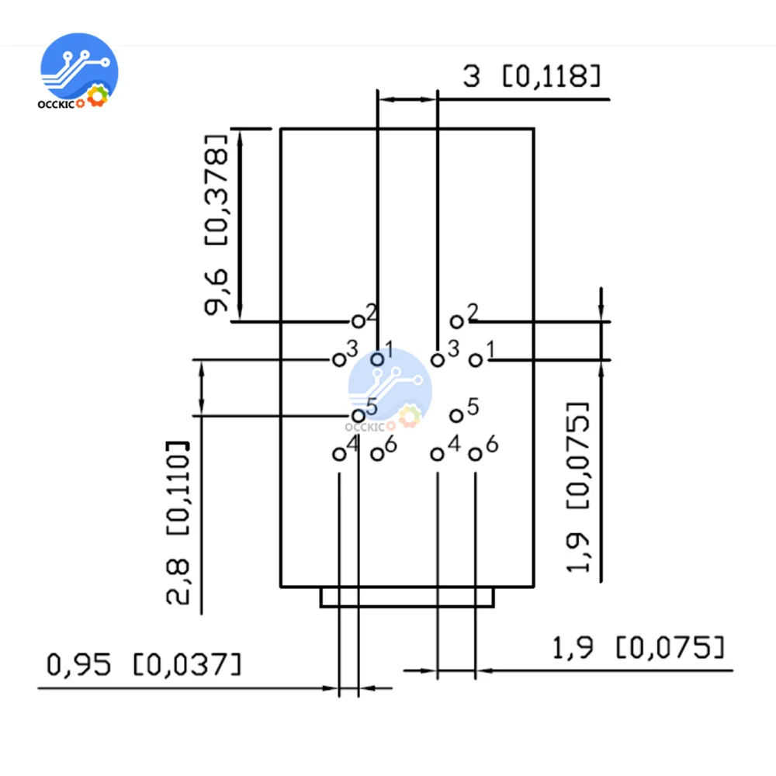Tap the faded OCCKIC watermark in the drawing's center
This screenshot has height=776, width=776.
tap(388, 388)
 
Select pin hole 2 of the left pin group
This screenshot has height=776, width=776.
tap(358, 320)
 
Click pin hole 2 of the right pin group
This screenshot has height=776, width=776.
tap(457, 321)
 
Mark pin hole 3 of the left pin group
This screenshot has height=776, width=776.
tap(338, 359)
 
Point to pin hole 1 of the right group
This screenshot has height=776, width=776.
tap(476, 359)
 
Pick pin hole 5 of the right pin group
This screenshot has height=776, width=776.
tap(457, 416)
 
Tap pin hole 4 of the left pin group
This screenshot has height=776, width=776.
tap(338, 454)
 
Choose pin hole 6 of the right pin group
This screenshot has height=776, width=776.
tap(476, 454)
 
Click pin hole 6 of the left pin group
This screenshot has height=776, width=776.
tap(376, 454)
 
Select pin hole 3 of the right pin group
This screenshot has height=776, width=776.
tap(438, 359)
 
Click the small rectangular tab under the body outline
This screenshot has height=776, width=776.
tap(407, 598)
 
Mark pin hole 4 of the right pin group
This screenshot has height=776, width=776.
tap(438, 454)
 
